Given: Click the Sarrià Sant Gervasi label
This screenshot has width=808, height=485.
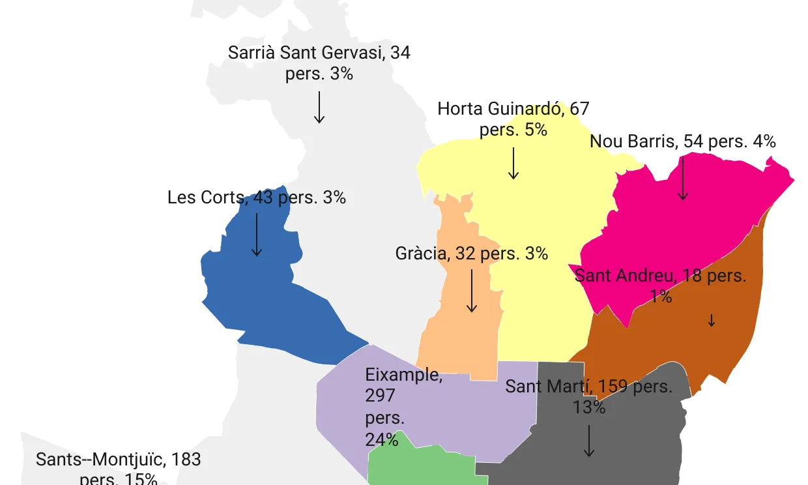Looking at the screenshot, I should tap(319, 63).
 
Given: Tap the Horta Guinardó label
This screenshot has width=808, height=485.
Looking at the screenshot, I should tap(513, 119).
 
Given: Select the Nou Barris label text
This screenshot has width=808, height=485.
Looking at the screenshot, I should tap(682, 141).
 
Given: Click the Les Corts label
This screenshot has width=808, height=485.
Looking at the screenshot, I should tap(257, 197).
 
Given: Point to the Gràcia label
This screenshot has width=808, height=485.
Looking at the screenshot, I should tap(472, 253).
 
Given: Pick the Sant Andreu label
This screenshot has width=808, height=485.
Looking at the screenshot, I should tap(660, 286).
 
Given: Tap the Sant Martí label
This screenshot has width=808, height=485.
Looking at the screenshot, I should tap(589, 396).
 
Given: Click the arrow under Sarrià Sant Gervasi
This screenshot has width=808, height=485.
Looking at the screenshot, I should tap(319, 108).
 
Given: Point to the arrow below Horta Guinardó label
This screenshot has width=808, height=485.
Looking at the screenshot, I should tap(513, 163).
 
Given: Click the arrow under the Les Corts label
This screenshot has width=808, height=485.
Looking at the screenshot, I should tap(257, 235).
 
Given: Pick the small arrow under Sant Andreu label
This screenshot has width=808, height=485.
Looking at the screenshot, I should tap(712, 320).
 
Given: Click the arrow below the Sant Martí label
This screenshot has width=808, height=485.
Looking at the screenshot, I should tap(589, 441).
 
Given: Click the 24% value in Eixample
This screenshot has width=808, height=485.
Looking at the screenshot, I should tap(382, 439).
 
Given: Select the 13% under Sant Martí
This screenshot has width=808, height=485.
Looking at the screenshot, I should tap(589, 407).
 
